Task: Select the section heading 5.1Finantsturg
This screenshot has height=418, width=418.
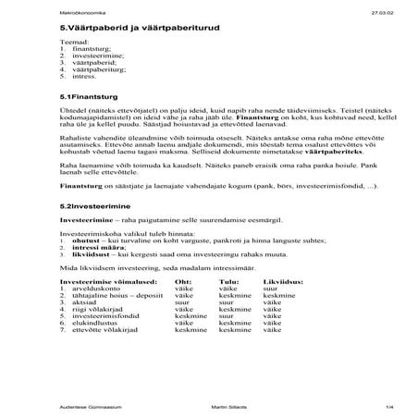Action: [x=85, y=96]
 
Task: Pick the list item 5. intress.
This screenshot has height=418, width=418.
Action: [x=81, y=80]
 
